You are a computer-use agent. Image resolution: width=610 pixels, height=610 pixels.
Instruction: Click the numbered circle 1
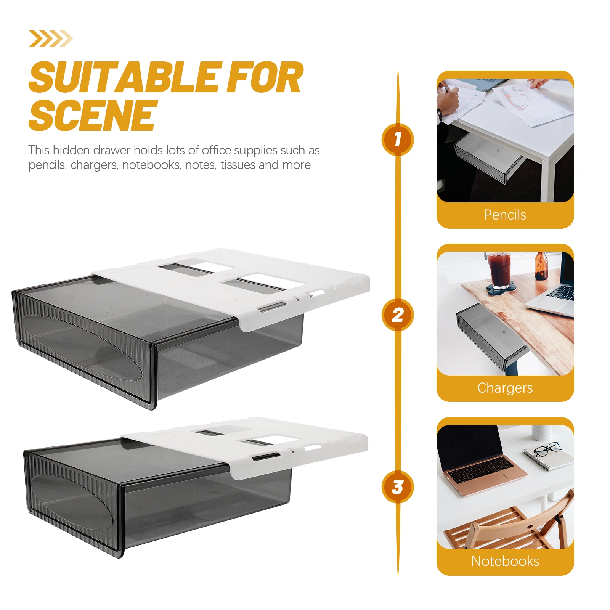click(x=398, y=139)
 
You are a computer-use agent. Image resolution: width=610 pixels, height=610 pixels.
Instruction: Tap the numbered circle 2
click(x=398, y=315)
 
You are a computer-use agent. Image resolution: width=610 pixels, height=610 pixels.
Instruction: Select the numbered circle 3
click(x=398, y=487)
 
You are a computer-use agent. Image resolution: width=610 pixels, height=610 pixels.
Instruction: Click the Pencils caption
click(x=505, y=215)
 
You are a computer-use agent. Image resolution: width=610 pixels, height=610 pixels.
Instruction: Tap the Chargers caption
click(x=505, y=388)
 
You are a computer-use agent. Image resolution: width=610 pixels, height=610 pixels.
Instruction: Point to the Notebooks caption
click(x=505, y=561)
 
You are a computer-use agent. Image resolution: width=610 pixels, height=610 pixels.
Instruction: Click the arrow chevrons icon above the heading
click(x=51, y=39)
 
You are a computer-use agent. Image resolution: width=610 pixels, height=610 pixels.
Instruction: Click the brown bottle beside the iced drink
click(x=541, y=266)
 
